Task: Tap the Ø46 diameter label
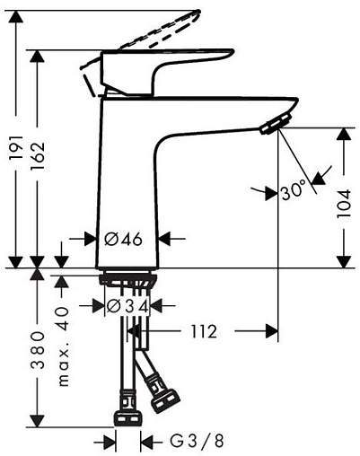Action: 124,239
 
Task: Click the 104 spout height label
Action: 345,209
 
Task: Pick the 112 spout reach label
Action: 203,331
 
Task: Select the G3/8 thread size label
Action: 196,442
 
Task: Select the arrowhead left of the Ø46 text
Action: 90,239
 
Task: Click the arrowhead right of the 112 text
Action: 270,331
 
